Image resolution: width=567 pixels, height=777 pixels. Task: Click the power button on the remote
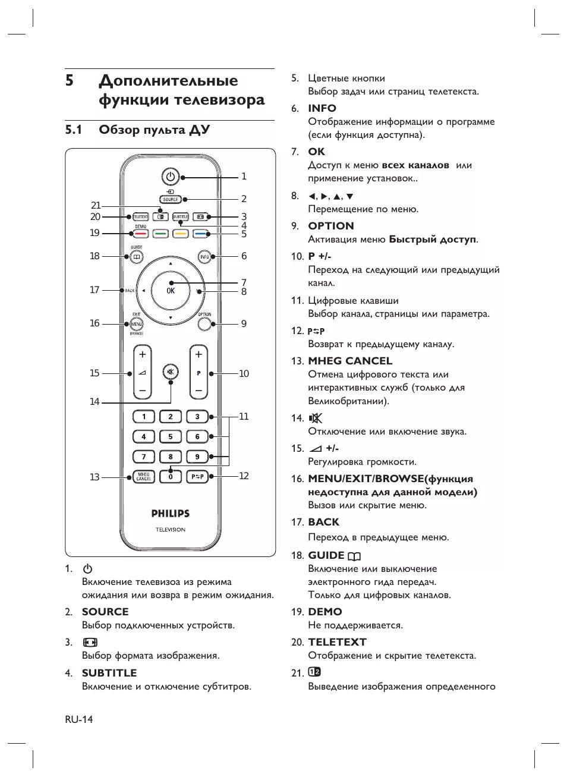pyautogui.click(x=171, y=177)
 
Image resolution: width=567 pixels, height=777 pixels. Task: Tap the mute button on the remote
pyautogui.click(x=171, y=373)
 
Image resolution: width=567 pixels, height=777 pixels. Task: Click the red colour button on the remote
pyautogui.click(x=140, y=234)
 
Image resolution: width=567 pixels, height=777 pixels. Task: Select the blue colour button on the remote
pyautogui.click(x=200, y=234)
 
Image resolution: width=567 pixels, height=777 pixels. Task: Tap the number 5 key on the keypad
pyautogui.click(x=170, y=436)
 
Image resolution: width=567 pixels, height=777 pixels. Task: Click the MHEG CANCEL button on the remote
pyautogui.click(x=143, y=477)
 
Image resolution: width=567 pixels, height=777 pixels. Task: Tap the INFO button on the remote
pyautogui.click(x=204, y=257)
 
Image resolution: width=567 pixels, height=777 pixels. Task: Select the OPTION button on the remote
pyautogui.click(x=204, y=323)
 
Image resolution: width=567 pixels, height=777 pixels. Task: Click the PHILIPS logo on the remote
pyautogui.click(x=171, y=513)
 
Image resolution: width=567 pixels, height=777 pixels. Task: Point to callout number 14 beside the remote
pyautogui.click(x=94, y=402)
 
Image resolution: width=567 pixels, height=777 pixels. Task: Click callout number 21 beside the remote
pyautogui.click(x=96, y=206)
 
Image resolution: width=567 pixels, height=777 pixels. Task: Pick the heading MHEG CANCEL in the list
pyautogui.click(x=350, y=361)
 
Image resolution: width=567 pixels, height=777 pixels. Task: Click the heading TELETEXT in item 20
pyautogui.click(x=337, y=642)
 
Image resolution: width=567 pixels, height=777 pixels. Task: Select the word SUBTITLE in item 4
pyautogui.click(x=109, y=673)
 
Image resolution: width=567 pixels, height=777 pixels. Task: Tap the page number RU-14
pyautogui.click(x=79, y=719)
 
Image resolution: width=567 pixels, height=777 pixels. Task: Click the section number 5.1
pyautogui.click(x=74, y=130)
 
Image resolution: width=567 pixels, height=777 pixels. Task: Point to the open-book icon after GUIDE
pyautogui.click(x=355, y=556)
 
